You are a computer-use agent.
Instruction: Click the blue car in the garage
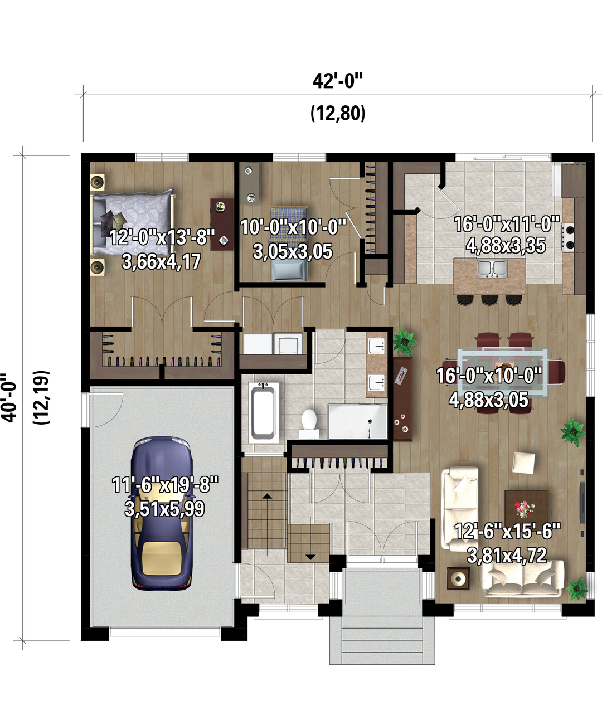click(162, 513)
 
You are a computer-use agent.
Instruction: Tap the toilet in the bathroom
click(309, 423)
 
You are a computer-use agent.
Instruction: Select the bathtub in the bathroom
click(264, 412)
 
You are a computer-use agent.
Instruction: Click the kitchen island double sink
click(492, 269)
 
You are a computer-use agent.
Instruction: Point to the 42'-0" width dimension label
click(337, 81)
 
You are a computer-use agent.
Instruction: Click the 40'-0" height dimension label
click(9, 397)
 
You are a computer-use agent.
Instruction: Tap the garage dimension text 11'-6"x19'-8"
click(165, 484)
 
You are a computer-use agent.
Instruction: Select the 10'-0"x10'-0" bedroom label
click(294, 227)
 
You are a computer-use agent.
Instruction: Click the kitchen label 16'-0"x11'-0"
click(507, 224)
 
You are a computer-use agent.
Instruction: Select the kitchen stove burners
click(569, 237)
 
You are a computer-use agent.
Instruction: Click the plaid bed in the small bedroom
click(289, 243)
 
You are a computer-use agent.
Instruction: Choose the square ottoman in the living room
click(524, 463)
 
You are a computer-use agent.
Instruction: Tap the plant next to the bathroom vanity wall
click(404, 342)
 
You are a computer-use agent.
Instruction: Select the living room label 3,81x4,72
click(507, 556)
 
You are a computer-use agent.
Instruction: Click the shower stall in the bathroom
click(357, 421)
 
